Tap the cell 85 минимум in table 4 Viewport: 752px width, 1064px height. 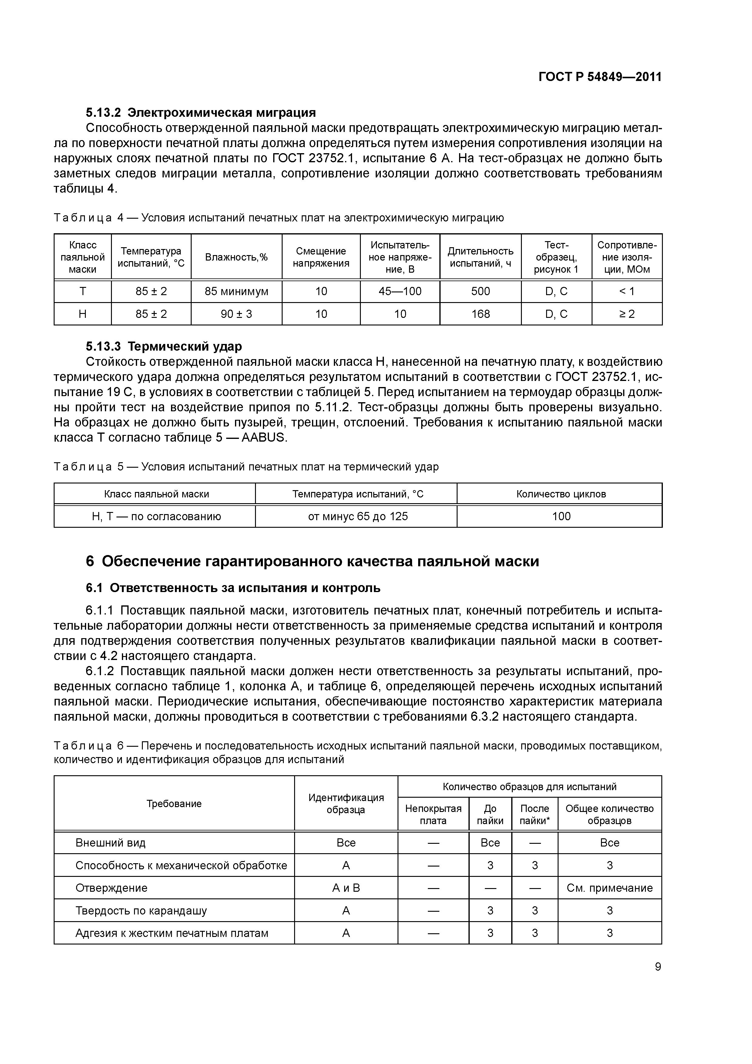[236, 291]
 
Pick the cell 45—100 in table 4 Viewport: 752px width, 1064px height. [400, 291]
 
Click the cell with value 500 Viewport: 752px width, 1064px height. [481, 291]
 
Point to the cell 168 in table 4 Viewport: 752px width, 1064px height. [481, 314]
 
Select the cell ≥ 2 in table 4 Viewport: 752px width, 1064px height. [626, 314]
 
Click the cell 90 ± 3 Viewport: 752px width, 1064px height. [236, 314]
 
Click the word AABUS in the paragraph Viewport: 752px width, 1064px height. [264, 437]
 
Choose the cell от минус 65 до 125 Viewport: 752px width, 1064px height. [358, 516]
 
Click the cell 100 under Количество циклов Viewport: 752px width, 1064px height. [561, 516]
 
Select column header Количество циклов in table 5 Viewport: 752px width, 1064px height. [561, 494]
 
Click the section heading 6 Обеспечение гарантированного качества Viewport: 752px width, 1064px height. [312, 561]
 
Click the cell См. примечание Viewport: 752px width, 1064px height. [609, 888]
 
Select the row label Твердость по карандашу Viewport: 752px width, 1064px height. [141, 911]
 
